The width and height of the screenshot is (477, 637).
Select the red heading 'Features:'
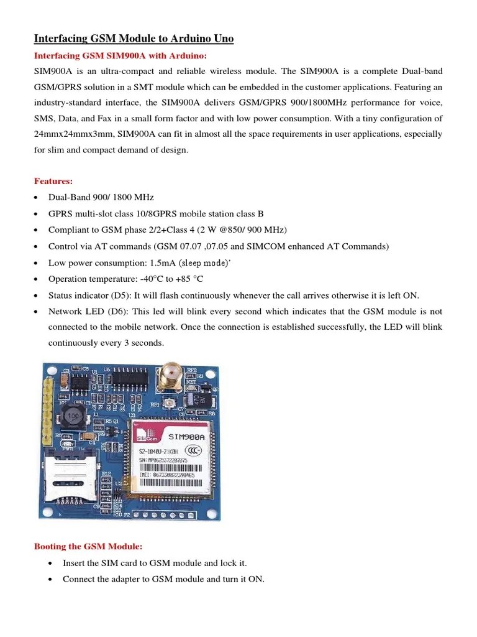click(x=53, y=181)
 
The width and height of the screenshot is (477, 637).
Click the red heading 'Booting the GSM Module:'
click(x=88, y=546)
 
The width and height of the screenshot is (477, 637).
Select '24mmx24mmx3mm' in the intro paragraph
click(x=67, y=134)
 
